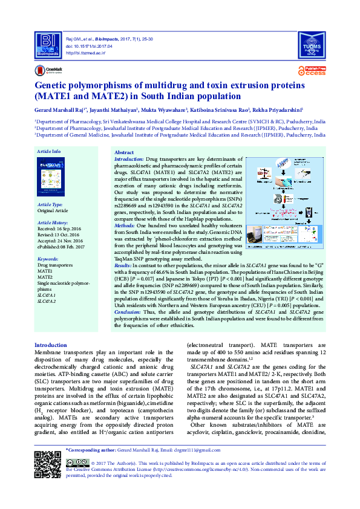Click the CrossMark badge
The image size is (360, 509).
tap(48, 71)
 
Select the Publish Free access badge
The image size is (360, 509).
tap(315, 71)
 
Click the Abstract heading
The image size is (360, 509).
tap(124, 152)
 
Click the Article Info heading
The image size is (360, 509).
tap(48, 151)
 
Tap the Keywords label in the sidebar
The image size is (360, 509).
tap(48, 258)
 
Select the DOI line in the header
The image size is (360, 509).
tap(86, 46)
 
